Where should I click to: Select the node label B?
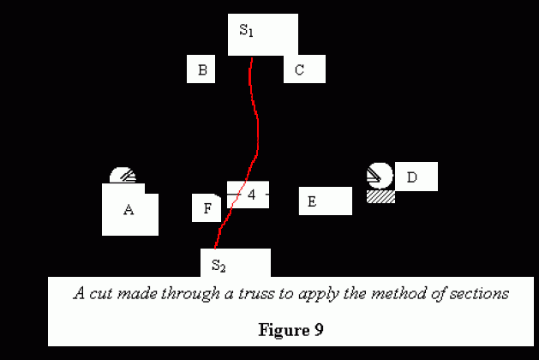click(x=201, y=70)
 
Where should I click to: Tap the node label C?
click(x=299, y=70)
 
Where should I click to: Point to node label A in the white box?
click(x=129, y=209)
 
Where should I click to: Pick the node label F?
click(x=207, y=208)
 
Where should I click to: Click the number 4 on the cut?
click(x=251, y=195)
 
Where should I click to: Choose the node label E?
click(x=312, y=202)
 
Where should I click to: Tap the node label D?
click(x=411, y=177)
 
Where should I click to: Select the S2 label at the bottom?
click(x=219, y=264)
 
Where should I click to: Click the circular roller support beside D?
click(x=379, y=176)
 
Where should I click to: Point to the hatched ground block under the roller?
click(x=380, y=196)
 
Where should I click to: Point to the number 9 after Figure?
click(x=318, y=328)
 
